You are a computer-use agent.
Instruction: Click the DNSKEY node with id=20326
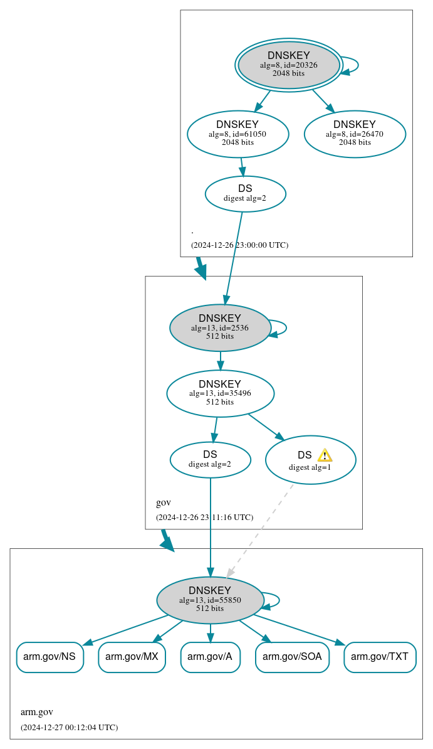tap(289, 65)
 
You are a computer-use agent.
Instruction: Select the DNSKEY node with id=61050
tap(237, 134)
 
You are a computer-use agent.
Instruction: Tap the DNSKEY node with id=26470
tap(355, 134)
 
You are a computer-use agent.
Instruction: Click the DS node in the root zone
tap(245, 194)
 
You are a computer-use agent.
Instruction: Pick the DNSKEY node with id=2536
tap(220, 327)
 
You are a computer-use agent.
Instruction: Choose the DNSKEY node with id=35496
tap(220, 393)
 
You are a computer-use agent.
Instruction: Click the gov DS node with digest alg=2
tap(210, 460)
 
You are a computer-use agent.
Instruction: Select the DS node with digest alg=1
tap(310, 460)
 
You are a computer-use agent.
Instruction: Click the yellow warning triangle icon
tap(325, 455)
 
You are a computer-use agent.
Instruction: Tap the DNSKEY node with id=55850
tap(210, 600)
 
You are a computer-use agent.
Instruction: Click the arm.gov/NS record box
tap(50, 657)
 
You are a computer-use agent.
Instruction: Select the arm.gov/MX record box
tap(132, 657)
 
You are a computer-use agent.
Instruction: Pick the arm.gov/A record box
tap(210, 657)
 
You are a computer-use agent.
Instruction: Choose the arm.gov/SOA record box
tap(292, 657)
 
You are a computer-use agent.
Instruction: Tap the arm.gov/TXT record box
tap(380, 657)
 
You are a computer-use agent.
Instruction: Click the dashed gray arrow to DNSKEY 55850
tap(260, 530)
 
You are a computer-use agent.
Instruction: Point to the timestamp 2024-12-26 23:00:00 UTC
tap(239, 245)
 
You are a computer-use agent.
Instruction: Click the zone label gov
tap(163, 502)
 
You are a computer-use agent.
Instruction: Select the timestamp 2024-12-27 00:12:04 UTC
tap(69, 728)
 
